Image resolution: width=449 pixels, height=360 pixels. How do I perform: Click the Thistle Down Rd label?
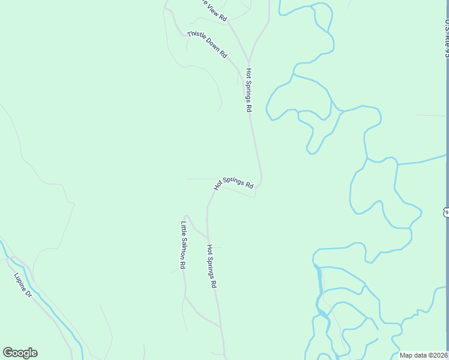click(207, 44)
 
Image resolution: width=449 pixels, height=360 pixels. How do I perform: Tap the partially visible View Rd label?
click(214, 11)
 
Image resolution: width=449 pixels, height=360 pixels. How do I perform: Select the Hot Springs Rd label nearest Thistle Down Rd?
click(248, 90)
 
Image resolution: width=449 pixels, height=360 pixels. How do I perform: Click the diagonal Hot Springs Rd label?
click(234, 182)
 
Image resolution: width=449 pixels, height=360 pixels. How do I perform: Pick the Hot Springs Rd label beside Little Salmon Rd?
click(211, 266)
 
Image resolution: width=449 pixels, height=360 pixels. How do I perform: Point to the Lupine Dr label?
click(23, 286)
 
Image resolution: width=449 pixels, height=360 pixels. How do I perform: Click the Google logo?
click(20, 353)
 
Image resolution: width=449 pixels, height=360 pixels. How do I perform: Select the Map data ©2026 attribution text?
click(424, 355)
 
